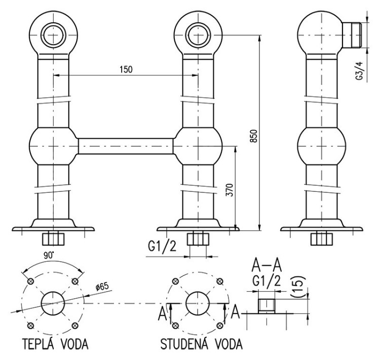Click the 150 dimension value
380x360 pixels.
[x=126, y=69]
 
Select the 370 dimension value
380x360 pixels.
[x=230, y=190]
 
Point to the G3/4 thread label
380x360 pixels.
[x=360, y=71]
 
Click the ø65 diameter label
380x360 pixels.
[x=102, y=287]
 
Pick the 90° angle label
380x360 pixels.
[x=49, y=256]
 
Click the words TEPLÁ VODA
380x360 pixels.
[x=56, y=343]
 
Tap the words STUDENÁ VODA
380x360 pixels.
[x=201, y=343]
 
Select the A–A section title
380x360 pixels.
[x=267, y=265]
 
